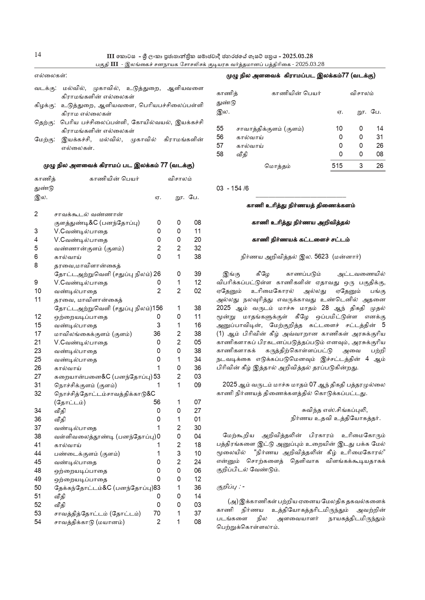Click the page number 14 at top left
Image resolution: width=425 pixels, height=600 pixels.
(x=38, y=55)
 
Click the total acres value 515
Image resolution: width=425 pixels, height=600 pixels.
(x=337, y=166)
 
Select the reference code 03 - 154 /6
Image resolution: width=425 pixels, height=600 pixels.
(x=233, y=188)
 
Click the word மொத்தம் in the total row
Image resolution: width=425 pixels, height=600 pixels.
(x=277, y=166)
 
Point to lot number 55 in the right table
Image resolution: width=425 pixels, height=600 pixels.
(x=220, y=129)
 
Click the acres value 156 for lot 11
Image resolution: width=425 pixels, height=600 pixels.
(x=157, y=308)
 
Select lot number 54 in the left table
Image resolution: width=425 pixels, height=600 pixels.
(x=38, y=522)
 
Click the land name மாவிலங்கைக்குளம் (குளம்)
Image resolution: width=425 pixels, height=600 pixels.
(x=93, y=334)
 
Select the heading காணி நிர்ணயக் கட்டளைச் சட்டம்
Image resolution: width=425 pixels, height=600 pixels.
(x=301, y=240)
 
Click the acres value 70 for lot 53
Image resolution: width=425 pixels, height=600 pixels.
(x=157, y=513)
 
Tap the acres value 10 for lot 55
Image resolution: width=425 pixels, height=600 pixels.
(x=339, y=129)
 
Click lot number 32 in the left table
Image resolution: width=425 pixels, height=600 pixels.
(x=38, y=394)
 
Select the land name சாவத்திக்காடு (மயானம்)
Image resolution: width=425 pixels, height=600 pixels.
(x=89, y=522)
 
